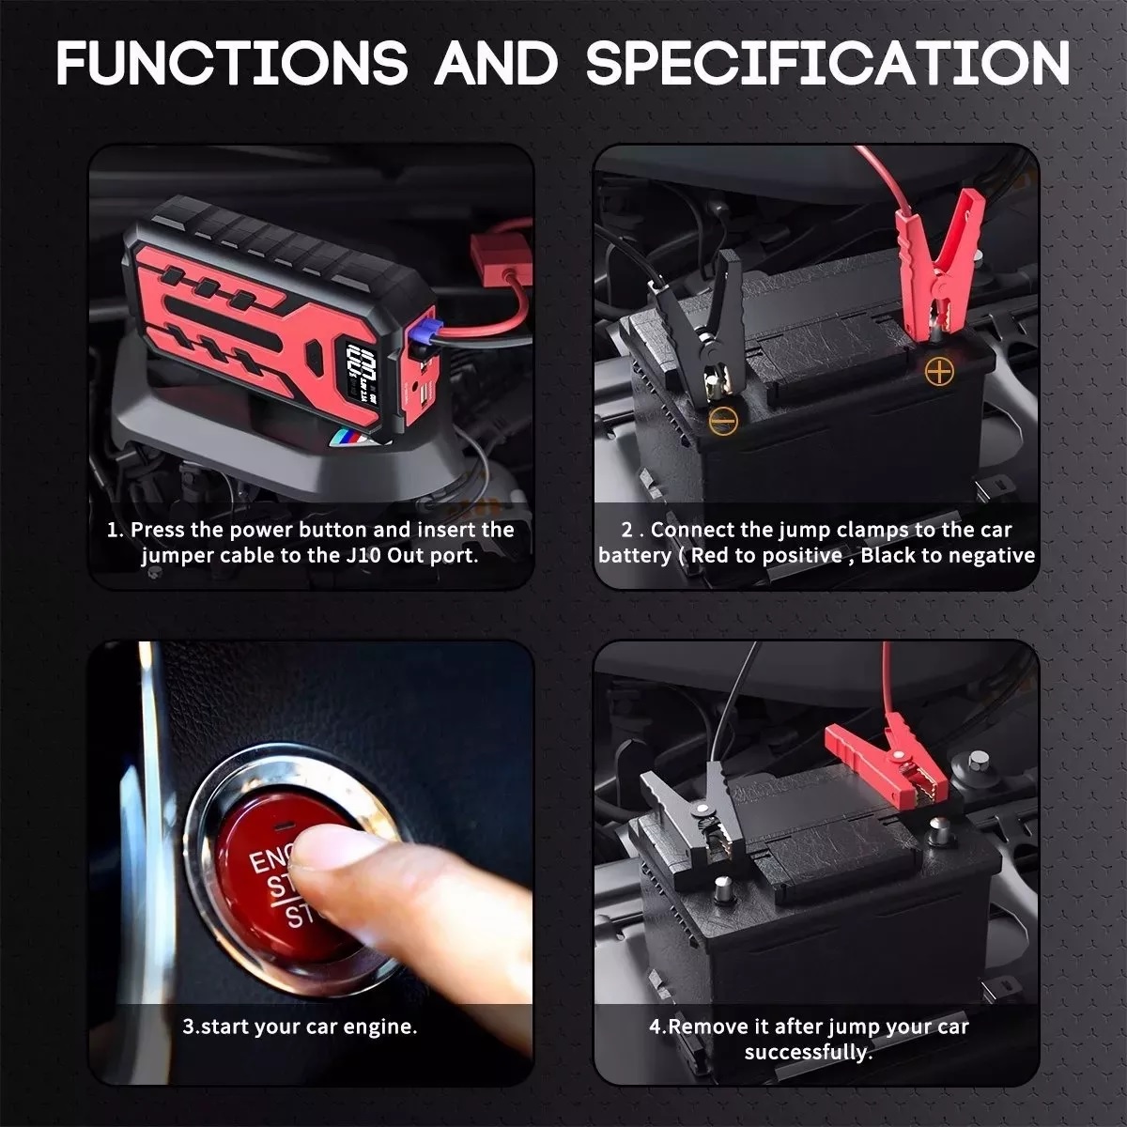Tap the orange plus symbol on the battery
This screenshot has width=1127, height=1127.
(x=937, y=372)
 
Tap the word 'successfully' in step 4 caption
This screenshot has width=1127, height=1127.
(x=807, y=1052)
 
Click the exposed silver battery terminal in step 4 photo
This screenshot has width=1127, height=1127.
(x=722, y=888)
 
